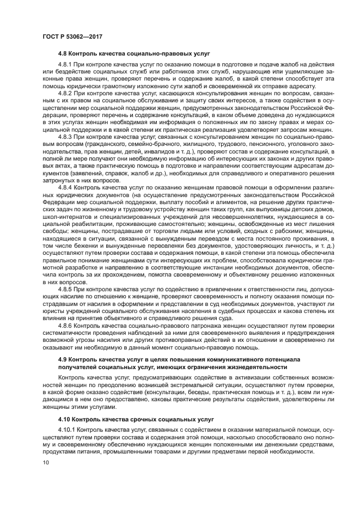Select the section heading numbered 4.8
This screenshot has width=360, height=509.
(x=133, y=53)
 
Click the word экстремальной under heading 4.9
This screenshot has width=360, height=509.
(x=170, y=384)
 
